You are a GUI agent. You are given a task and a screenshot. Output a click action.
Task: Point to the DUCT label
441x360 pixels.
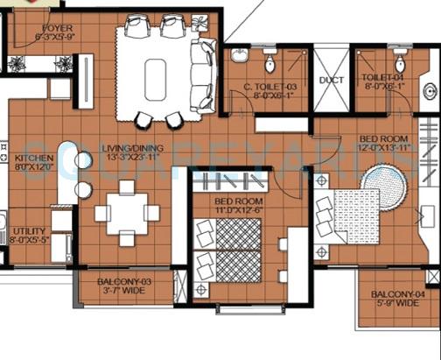[x=331, y=80]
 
